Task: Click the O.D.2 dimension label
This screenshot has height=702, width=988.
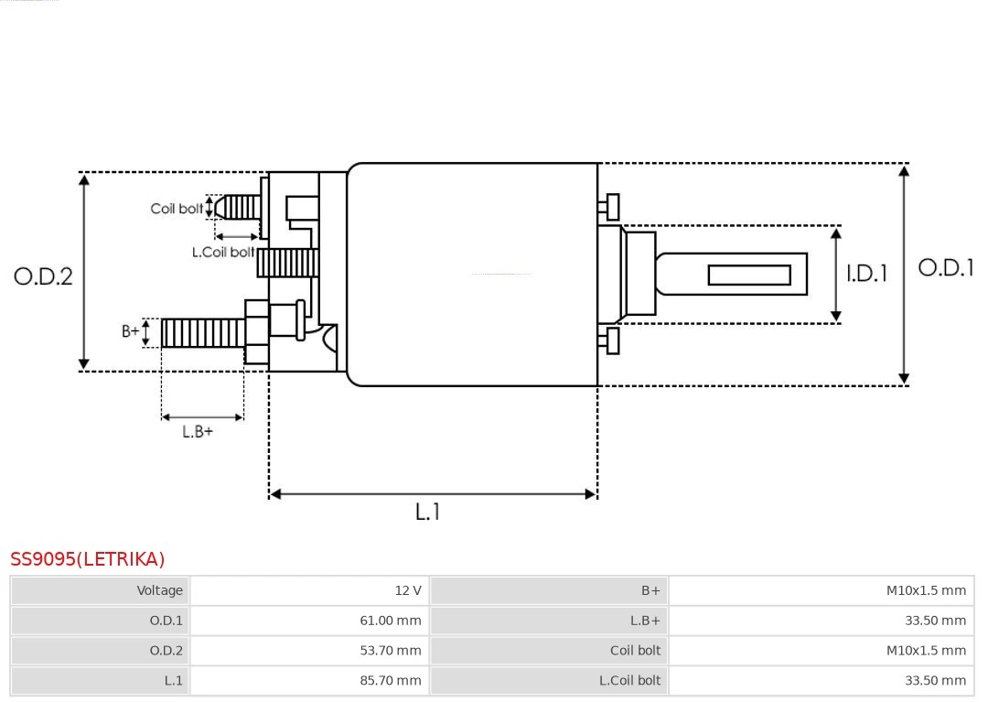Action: tap(43, 275)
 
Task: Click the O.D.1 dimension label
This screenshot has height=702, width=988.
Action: tap(946, 267)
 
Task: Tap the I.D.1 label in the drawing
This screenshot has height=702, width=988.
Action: tap(865, 273)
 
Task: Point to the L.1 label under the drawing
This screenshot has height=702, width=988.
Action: tap(427, 512)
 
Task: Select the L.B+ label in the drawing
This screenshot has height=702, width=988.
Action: tap(197, 431)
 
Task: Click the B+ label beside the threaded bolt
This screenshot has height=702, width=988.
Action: tap(131, 331)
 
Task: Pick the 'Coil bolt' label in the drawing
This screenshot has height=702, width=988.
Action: tap(177, 209)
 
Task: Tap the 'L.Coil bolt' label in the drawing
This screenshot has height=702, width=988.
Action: tap(222, 252)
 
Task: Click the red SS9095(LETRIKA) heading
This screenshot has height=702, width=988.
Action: tap(88, 559)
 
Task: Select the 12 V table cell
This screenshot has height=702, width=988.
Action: tap(309, 590)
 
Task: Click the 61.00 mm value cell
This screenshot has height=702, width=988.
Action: tap(309, 621)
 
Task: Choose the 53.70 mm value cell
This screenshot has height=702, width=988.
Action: tap(309, 651)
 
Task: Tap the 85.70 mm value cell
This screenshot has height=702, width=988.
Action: tap(309, 680)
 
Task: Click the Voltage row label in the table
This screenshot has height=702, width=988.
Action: tap(100, 590)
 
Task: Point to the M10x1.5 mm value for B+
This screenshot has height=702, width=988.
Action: tap(822, 590)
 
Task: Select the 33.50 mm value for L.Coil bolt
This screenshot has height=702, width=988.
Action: tap(822, 680)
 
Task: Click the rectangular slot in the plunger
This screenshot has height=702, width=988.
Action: tap(749, 275)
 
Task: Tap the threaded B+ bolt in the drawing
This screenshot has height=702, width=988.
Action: tap(202, 332)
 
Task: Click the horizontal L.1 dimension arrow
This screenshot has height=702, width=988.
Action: tap(433, 494)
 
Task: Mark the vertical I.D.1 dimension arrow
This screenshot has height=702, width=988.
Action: tap(835, 275)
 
